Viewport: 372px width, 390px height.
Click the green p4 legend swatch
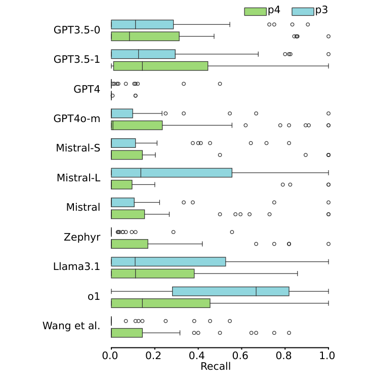(x=255, y=11)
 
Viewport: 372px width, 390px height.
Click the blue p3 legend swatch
(x=303, y=11)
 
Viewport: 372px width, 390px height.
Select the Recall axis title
(x=216, y=366)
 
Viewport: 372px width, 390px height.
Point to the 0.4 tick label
(x=198, y=356)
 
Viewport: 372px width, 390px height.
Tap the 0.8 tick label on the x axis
(x=285, y=356)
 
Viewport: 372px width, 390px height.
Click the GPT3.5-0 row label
(x=77, y=30)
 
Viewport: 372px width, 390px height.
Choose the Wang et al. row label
(x=71, y=326)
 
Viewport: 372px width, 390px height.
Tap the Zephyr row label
(x=82, y=237)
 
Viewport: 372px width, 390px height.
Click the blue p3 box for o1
(x=231, y=291)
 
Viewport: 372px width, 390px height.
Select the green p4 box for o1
(x=160, y=303)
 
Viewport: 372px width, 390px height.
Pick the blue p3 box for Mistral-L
(x=172, y=173)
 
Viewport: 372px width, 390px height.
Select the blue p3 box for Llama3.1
(x=169, y=261)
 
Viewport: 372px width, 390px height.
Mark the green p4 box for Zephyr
(x=130, y=244)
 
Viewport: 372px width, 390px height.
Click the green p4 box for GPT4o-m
(x=137, y=125)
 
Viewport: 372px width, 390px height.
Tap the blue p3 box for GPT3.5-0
(x=142, y=24)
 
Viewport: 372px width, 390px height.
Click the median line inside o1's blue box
(x=256, y=291)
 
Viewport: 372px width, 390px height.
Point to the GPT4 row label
(x=87, y=90)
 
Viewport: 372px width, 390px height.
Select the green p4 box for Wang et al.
(x=127, y=333)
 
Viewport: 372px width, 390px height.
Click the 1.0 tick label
(x=328, y=356)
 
